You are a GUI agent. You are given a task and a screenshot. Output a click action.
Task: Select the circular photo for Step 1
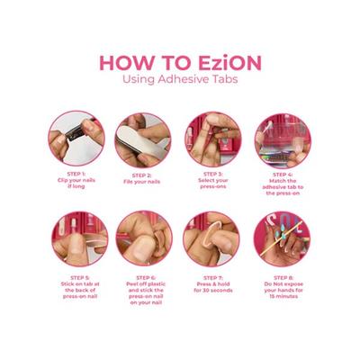(76, 139)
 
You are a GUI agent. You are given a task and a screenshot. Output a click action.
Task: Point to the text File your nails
(143, 181)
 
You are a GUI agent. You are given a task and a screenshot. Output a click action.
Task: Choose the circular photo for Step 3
(212, 139)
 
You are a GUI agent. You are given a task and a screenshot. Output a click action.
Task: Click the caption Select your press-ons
(212, 184)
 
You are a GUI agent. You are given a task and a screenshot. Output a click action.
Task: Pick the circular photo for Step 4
(282, 139)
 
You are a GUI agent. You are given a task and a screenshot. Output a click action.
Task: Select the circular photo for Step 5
(76, 238)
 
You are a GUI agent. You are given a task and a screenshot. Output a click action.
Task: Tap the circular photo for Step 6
(143, 238)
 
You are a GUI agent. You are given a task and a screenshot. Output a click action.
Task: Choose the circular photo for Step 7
(212, 238)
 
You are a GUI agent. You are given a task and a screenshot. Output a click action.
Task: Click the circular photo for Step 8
(282, 238)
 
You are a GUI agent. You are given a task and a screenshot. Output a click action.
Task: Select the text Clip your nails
(76, 181)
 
